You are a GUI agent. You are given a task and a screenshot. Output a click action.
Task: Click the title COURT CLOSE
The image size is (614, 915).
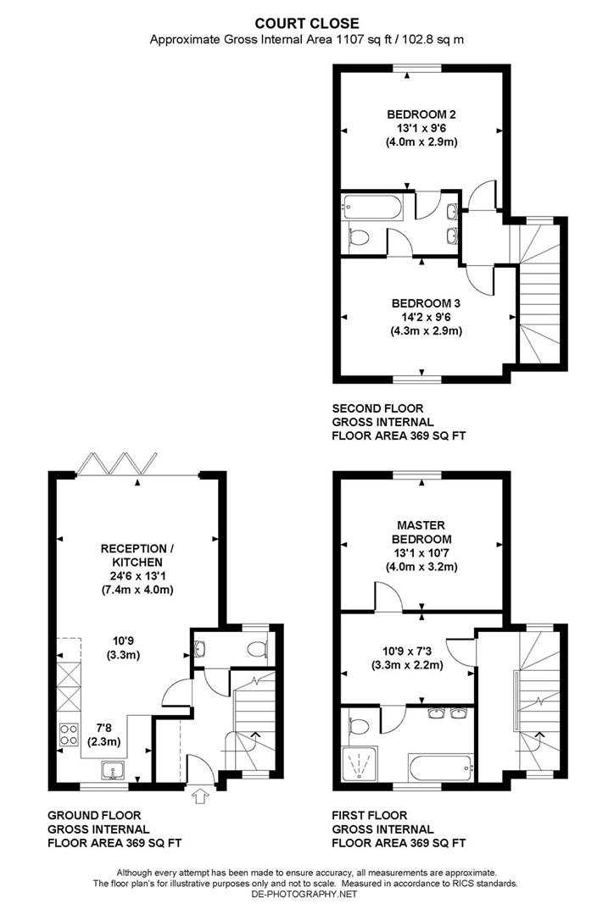(x=307, y=23)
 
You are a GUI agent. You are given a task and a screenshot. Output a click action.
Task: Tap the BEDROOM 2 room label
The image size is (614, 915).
(x=422, y=114)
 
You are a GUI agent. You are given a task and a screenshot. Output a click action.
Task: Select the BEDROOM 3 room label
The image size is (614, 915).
(x=426, y=303)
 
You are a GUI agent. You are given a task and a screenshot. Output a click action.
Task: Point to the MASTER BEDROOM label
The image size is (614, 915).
(x=421, y=531)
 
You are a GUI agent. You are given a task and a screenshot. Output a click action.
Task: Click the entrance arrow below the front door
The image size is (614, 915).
(x=200, y=796)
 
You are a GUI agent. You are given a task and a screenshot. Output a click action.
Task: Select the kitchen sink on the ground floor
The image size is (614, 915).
(x=113, y=769)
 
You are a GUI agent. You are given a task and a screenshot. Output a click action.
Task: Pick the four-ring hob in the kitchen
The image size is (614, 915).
(x=65, y=735)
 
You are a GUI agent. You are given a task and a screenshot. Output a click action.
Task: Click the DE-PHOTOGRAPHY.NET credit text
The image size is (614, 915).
(x=306, y=894)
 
